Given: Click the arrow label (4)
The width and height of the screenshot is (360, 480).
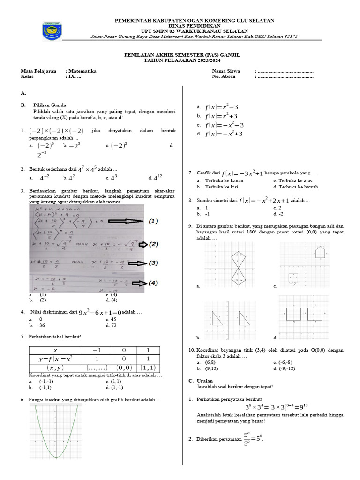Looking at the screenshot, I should pos(153,283).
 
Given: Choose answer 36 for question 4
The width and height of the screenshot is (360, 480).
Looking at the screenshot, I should pos(42,325).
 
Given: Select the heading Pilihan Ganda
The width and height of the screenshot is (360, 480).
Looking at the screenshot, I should pos(50,105).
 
